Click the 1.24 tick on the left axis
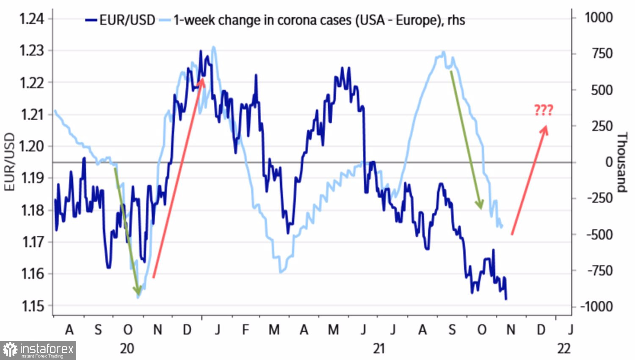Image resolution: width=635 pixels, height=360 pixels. click(32, 19)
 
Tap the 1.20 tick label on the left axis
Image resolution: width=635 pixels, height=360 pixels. click(32, 146)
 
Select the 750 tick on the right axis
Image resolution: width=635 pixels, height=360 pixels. click(602, 54)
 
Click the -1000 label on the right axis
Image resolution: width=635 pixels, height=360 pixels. click(596, 306)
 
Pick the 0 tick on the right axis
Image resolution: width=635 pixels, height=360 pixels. click(609, 162)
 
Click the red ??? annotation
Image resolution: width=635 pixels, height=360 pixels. click(544, 111)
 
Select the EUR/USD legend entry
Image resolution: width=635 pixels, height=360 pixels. click(121, 20)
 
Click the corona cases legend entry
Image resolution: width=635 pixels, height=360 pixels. click(313, 20)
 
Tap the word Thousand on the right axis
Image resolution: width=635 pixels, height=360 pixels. click(621, 162)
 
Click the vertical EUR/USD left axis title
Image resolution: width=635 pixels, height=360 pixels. click(9, 162)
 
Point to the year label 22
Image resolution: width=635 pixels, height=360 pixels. click(564, 349)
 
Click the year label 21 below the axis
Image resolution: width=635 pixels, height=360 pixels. click(379, 349)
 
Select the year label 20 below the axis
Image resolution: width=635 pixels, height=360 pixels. click(127, 349)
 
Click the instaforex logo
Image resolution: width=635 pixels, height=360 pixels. click(38, 350)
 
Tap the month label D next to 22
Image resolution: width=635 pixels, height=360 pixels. click(541, 330)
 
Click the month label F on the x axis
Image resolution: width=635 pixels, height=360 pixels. click(245, 330)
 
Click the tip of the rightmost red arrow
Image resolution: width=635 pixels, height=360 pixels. click(546, 127)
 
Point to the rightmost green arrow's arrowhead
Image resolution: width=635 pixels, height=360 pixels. click(480, 207)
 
